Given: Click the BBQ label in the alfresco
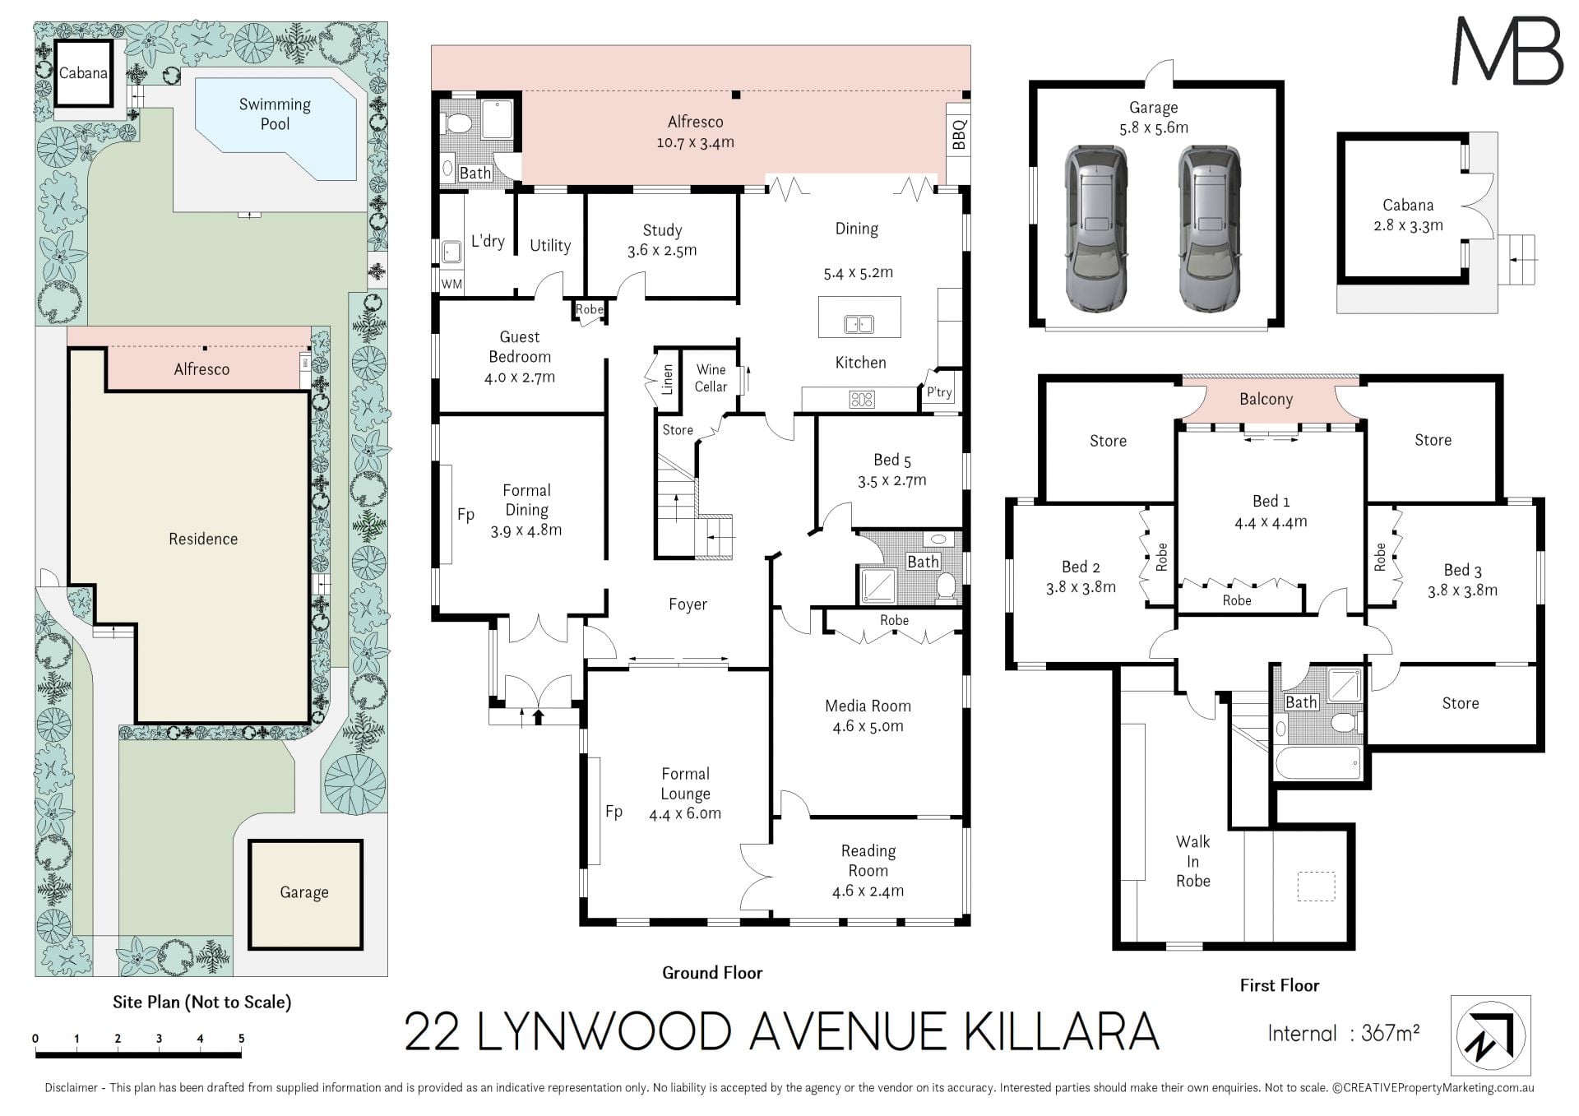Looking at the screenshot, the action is tap(959, 135).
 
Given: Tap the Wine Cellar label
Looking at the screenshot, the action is tap(711, 378).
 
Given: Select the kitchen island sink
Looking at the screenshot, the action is tap(859, 325).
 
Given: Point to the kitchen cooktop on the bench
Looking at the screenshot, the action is tap(861, 401).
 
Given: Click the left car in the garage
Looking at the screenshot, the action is tap(1096, 229).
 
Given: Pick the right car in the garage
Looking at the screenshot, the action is tap(1210, 229).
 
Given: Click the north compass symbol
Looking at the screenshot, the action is tap(1490, 1035).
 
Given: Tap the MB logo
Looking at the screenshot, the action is tap(1507, 51).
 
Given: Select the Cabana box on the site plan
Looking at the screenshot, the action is tap(83, 72).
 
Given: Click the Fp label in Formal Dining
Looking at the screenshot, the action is tap(465, 515).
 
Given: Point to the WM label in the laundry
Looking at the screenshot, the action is tap(451, 285).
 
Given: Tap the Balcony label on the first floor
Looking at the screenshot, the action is tap(1266, 400).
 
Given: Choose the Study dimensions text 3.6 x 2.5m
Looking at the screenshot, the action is tap(662, 251).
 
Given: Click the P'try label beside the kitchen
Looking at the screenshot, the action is tap(939, 392).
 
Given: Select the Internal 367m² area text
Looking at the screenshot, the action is tap(1344, 1034).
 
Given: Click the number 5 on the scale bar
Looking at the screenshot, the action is tap(241, 1039).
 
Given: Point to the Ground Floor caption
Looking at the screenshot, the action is tap(712, 973).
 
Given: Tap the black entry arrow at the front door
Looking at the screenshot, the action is tap(539, 715).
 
